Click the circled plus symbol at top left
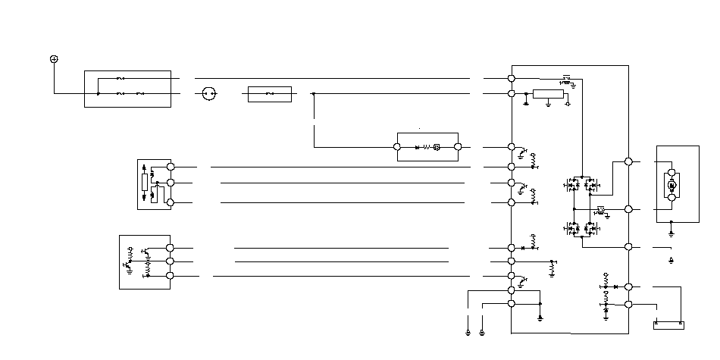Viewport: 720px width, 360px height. (54, 59)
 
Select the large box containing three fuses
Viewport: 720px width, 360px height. (127, 89)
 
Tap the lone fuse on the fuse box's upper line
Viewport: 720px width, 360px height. (121, 78)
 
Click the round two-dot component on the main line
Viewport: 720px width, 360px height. (210, 95)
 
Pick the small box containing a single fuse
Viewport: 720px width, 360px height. (270, 95)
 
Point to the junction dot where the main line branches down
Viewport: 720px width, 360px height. (314, 95)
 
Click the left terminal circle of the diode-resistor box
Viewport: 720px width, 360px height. (399, 147)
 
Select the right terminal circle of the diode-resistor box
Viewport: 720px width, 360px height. (458, 147)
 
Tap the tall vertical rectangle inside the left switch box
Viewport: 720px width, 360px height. (143, 183)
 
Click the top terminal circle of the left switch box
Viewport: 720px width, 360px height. (171, 167)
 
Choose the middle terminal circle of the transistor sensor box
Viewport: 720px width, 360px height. (170, 261)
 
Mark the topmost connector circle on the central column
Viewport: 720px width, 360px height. (512, 78)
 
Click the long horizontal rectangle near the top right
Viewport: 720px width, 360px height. (549, 94)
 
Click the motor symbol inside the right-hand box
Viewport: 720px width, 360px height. (671, 184)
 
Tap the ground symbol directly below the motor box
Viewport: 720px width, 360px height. (671, 233)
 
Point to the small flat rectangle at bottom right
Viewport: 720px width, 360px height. (668, 326)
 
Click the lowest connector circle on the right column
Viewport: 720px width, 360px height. (628, 304)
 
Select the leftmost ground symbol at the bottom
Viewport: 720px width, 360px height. (469, 332)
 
